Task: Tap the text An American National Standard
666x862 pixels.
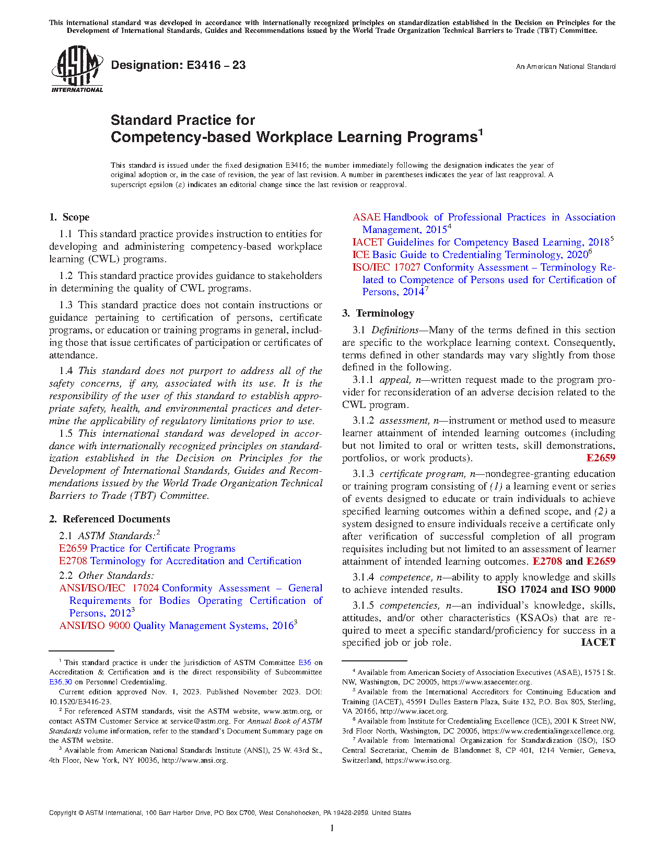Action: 566,67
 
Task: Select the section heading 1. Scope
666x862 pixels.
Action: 69,217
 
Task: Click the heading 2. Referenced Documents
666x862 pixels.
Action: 110,519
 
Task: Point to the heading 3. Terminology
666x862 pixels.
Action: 378,313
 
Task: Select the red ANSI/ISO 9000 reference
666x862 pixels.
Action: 95,626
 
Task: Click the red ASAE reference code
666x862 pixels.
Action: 366,217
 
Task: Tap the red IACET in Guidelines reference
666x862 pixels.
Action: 368,242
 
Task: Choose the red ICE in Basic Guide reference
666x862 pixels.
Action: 360,255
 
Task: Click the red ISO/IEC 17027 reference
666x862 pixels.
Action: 386,267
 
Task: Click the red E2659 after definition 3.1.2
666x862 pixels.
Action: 601,458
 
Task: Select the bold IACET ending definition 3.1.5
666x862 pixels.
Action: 598,643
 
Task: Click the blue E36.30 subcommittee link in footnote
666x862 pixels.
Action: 61,682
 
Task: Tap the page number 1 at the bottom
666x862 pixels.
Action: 332,828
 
